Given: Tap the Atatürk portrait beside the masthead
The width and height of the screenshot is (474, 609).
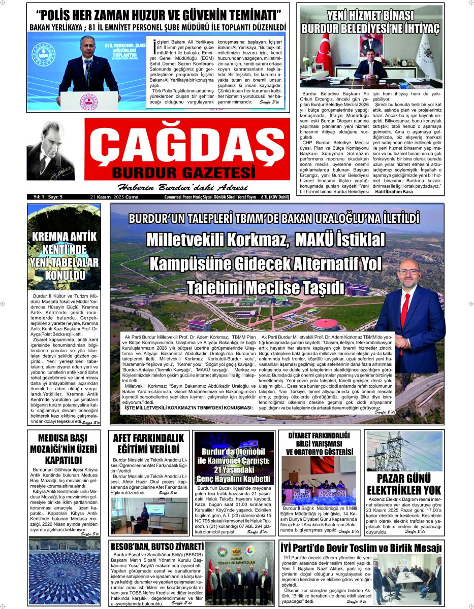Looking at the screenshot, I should [x=51, y=152].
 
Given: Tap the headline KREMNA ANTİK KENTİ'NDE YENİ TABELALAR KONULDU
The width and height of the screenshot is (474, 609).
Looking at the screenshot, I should [x=64, y=256].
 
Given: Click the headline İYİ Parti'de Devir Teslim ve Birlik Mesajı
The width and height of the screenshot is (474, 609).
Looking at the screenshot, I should [x=361, y=548].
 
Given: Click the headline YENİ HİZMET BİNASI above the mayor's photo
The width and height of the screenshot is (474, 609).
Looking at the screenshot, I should [x=370, y=16].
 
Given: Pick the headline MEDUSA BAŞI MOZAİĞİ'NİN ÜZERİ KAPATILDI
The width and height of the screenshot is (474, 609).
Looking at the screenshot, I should [x=64, y=449].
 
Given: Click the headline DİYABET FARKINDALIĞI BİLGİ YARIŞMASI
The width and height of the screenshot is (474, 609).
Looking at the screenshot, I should [x=319, y=440].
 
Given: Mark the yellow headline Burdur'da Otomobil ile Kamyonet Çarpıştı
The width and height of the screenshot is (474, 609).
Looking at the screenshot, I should [x=234, y=465].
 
